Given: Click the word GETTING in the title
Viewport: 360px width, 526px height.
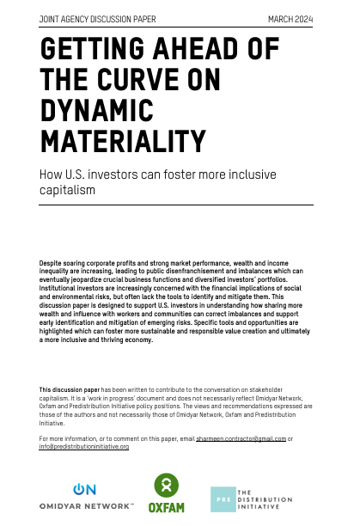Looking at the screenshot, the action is (90, 51).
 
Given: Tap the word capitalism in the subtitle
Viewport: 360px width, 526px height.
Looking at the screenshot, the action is (67, 190).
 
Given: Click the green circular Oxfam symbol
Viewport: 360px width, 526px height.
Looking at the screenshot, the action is (167, 486).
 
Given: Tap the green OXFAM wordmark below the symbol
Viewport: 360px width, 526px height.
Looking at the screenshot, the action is (167, 508).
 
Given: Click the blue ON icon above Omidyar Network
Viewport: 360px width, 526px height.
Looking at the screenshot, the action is (85, 489).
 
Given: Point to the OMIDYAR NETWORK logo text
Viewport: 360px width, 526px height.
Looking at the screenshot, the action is (86, 506).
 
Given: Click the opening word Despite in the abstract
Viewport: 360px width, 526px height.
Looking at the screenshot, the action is (52, 260).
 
